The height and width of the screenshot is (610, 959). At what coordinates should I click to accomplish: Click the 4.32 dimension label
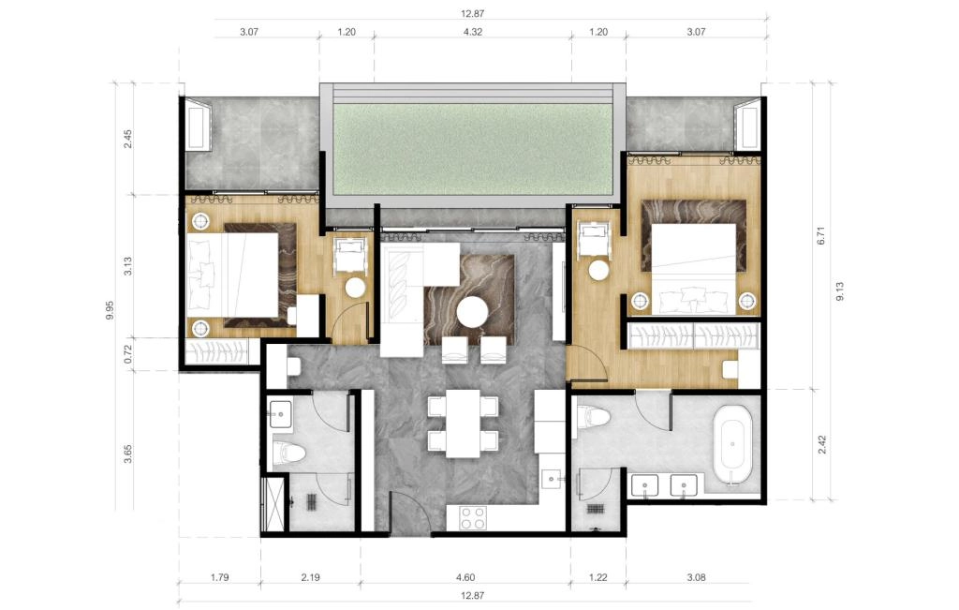[472, 32]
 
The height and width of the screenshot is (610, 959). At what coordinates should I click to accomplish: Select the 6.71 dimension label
[820, 236]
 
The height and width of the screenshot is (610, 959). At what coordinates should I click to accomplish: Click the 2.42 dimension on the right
[822, 444]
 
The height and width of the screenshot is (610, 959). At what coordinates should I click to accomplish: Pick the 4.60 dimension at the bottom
[465, 577]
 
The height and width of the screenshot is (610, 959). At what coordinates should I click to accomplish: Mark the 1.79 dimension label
[219, 577]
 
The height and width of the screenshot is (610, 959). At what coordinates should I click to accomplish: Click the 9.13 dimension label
[840, 291]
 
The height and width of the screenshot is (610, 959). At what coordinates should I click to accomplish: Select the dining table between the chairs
[463, 423]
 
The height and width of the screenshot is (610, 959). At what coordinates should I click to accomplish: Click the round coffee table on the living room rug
[472, 313]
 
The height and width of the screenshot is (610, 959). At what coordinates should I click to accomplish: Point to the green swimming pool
[472, 149]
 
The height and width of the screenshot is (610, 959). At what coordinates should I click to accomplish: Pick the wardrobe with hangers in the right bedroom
[694, 335]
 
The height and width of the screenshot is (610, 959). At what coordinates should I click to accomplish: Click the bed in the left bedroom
[242, 275]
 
